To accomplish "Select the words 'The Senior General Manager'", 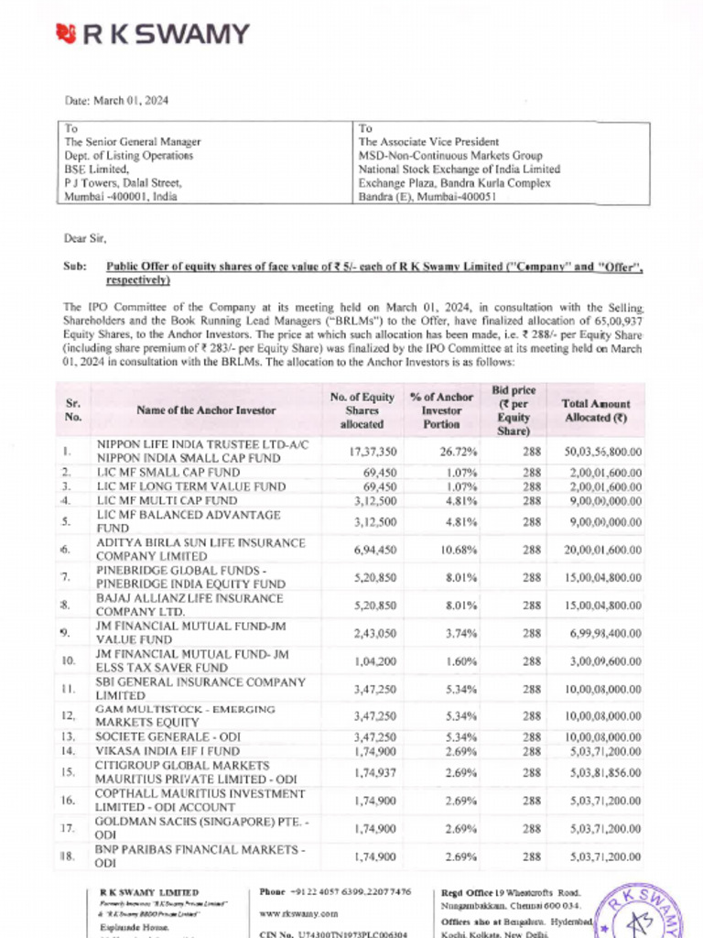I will click(x=132, y=142).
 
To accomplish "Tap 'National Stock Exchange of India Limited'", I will click(x=459, y=169).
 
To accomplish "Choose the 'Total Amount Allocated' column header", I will click(x=595, y=410).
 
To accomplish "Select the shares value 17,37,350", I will click(x=373, y=451).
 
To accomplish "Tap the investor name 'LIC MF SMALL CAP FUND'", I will click(x=164, y=472).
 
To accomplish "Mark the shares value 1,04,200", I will click(x=373, y=660).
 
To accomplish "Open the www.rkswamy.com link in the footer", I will click(x=298, y=913).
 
